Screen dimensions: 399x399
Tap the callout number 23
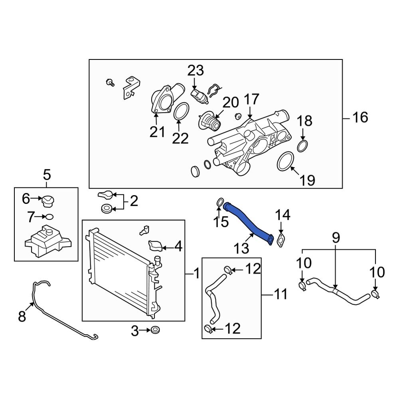click(x=196, y=71)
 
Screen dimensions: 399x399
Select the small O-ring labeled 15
click(x=219, y=203)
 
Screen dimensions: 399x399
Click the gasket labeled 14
click(x=282, y=241)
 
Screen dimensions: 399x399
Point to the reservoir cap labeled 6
click(x=48, y=201)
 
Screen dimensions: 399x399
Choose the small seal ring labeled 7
click(x=49, y=217)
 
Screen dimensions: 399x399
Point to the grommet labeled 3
click(x=155, y=330)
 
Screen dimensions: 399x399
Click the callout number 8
click(x=22, y=317)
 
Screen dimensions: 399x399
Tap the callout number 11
click(x=280, y=295)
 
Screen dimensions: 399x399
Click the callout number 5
click(x=47, y=174)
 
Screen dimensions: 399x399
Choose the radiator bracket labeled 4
click(x=156, y=245)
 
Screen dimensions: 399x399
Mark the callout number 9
click(x=336, y=238)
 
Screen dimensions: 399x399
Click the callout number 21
click(x=157, y=132)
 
